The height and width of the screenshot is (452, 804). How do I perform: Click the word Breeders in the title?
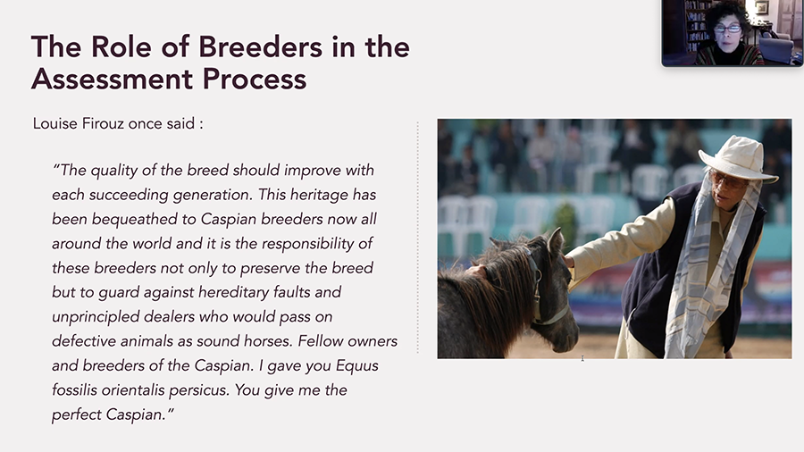click(261, 46)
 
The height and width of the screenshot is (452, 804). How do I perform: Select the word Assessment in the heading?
click(112, 79)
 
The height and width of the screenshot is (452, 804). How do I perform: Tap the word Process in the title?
click(255, 79)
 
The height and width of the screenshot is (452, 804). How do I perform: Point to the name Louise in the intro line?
click(54, 123)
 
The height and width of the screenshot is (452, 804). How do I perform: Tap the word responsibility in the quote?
click(307, 244)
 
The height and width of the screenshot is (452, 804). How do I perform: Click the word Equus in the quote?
click(356, 366)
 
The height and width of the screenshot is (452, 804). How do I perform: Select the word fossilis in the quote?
click(74, 390)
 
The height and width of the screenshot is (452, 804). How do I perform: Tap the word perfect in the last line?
click(77, 414)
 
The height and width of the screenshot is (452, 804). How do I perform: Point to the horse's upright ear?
click(556, 241)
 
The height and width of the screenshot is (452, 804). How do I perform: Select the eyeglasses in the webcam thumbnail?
click(727, 29)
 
